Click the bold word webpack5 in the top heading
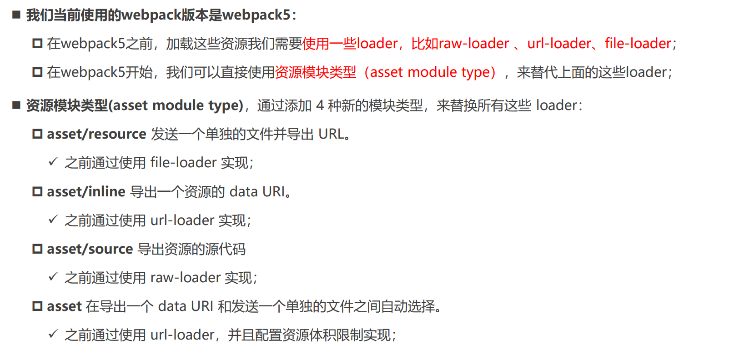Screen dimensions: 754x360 (x=256, y=15)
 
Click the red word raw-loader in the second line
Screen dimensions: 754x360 (x=473, y=44)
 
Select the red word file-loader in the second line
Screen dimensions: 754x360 (x=638, y=44)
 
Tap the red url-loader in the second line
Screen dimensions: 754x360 (x=559, y=44)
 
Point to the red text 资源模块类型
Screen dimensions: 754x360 (x=315, y=72)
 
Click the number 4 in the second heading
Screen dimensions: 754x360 (x=320, y=105)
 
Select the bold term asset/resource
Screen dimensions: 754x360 (x=96, y=134)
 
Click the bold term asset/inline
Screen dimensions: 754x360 (x=86, y=192)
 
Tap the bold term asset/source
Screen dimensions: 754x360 (x=90, y=249)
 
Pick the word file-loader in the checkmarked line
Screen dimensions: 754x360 (x=183, y=163)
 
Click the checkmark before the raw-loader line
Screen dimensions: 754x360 (x=53, y=277)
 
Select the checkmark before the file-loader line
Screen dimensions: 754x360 (x=53, y=162)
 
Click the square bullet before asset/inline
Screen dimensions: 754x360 (x=37, y=192)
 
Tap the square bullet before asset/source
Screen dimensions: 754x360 (x=37, y=249)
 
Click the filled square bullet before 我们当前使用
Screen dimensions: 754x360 (x=16, y=15)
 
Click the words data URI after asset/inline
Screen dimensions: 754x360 (x=257, y=192)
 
